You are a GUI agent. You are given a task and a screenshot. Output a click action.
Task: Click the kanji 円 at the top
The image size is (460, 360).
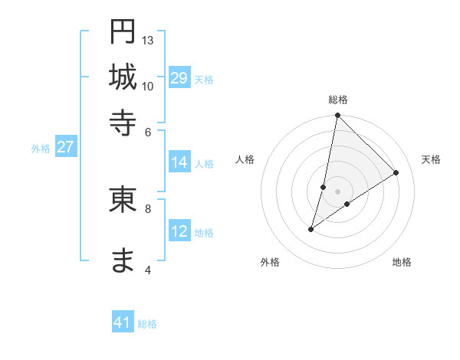tap(123, 32)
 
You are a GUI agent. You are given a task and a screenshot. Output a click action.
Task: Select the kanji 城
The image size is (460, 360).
tap(123, 77)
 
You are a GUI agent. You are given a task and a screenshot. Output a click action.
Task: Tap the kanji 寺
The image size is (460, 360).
tap(123, 122)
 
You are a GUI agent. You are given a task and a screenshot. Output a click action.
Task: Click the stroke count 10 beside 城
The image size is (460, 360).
tap(148, 86)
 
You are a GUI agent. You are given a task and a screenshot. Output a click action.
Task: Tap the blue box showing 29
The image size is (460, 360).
tap(179, 78)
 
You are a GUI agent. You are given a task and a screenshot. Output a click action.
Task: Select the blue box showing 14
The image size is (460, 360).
tap(179, 162)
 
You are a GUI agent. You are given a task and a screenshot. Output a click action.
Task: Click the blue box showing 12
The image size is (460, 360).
tap(179, 231)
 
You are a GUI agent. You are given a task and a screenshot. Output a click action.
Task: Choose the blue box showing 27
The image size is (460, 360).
tap(65, 148)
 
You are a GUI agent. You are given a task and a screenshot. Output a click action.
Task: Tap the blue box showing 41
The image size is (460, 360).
tap(123, 322)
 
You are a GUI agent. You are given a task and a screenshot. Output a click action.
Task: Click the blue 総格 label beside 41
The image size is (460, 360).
tap(147, 324)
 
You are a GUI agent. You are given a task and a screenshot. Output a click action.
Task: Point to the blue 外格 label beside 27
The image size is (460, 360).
tap(41, 149)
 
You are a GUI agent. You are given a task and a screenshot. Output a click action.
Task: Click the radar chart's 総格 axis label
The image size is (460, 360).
tap(338, 100)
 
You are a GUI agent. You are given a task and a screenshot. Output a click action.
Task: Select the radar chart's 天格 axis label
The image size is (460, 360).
tap(431, 159)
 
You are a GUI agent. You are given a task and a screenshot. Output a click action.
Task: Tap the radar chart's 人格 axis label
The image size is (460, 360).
tap(245, 159)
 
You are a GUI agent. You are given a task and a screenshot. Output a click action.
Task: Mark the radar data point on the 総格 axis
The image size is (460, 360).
tap(337, 116)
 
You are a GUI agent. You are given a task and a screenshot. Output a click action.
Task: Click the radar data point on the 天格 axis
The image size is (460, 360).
tap(396, 172)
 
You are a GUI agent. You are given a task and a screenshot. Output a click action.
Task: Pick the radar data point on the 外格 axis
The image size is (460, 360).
tap(311, 228)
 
